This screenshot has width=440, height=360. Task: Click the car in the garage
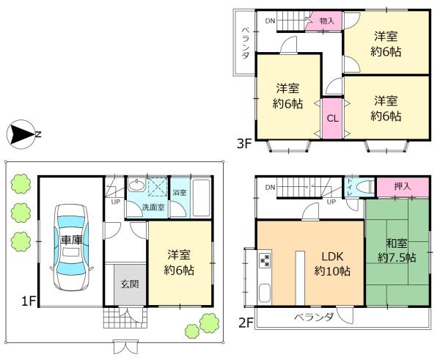click(x=70, y=242)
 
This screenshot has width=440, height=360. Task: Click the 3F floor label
click(x=244, y=144)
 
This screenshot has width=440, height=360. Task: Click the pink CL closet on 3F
click(x=331, y=117)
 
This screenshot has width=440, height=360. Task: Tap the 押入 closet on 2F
click(x=402, y=187)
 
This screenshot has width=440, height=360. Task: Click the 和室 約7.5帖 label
click(x=396, y=251)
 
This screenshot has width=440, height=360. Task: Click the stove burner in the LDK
click(x=264, y=260)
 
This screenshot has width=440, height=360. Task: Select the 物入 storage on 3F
click(x=327, y=21)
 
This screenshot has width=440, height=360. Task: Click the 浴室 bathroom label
click(x=178, y=193)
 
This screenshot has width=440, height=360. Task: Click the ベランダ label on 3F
click(x=245, y=44)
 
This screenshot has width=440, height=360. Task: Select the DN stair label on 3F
click(x=271, y=21)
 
